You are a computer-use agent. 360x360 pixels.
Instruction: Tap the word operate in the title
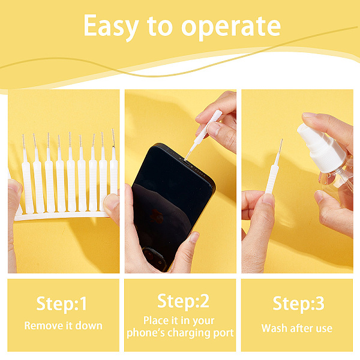(231, 27)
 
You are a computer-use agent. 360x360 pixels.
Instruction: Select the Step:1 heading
(62, 304)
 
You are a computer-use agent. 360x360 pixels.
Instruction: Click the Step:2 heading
(183, 301)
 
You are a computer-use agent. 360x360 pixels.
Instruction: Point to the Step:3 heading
(298, 303)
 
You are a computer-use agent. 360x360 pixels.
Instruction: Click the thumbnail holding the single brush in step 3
(268, 199)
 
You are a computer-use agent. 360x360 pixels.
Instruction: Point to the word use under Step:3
(324, 329)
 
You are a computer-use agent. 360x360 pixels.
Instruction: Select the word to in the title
(160, 27)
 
